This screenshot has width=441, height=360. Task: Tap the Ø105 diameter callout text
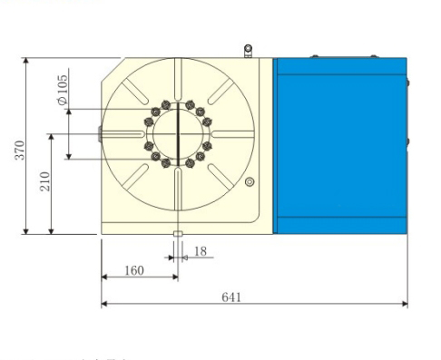63,91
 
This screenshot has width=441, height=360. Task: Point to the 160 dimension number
133,269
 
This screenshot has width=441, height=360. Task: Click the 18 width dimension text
200,251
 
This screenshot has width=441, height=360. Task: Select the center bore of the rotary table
180,135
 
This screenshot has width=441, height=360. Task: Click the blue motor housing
339,145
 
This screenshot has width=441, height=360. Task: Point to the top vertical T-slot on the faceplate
180,80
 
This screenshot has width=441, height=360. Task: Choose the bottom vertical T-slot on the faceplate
180,192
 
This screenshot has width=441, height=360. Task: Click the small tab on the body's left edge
99,134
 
